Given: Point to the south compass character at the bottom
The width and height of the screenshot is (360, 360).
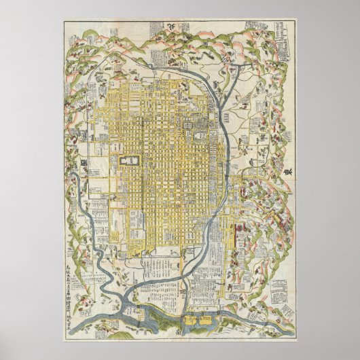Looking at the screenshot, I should pos(179,332).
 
